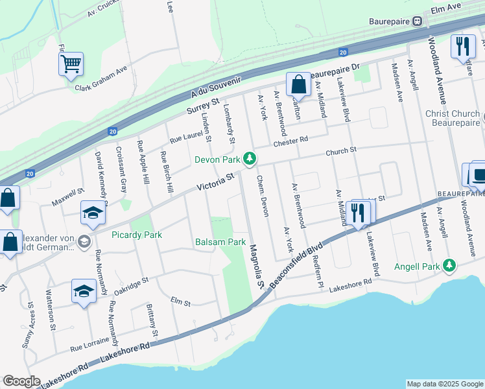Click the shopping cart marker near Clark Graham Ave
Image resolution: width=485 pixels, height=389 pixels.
[71, 64]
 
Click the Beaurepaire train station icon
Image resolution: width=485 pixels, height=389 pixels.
[418, 21]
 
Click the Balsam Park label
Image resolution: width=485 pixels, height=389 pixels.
[220, 242]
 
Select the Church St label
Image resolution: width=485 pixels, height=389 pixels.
[341, 151]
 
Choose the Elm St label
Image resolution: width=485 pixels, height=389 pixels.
[180, 302]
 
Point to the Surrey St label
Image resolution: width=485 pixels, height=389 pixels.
[204, 106]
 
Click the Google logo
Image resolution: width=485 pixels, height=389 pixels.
[21, 381]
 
